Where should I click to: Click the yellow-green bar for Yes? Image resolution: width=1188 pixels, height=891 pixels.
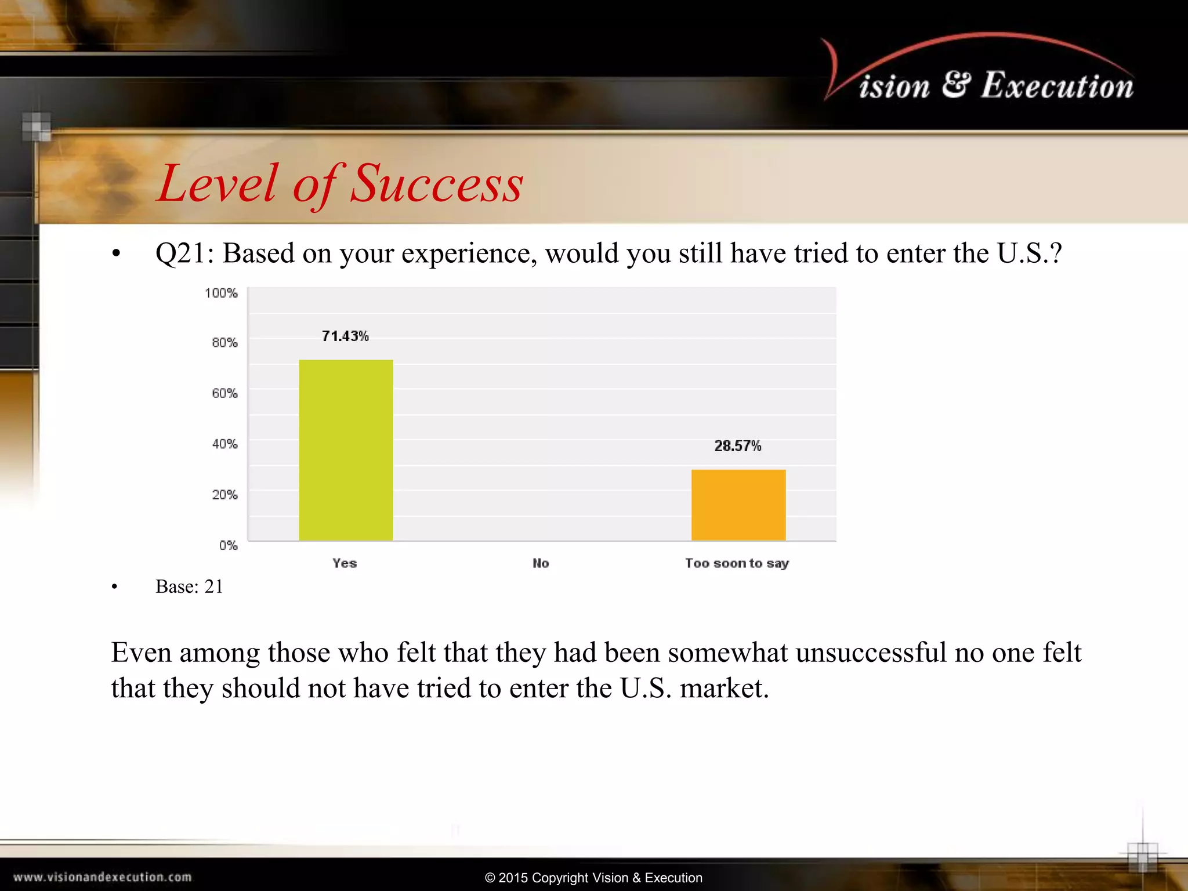click(x=346, y=450)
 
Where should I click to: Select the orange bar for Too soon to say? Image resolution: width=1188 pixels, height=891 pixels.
click(x=738, y=505)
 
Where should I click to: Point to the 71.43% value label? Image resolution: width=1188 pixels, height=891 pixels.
click(x=345, y=336)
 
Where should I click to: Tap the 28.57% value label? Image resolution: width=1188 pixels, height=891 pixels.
click(x=737, y=446)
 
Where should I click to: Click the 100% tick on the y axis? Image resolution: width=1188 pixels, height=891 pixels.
click(x=221, y=293)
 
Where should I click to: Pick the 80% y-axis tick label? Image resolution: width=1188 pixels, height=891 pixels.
click(x=224, y=343)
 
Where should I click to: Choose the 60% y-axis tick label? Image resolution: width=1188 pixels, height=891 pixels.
click(x=224, y=393)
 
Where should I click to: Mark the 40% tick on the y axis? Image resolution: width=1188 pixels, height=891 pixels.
click(x=224, y=444)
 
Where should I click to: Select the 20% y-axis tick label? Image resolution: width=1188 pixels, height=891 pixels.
click(x=224, y=495)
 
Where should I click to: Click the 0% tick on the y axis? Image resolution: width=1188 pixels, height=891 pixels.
click(x=228, y=545)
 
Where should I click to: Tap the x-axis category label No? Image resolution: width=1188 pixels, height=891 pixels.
click(x=541, y=563)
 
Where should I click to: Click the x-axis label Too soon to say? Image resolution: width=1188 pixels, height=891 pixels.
click(x=737, y=563)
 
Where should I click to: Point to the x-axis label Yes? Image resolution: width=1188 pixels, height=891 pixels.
click(x=345, y=563)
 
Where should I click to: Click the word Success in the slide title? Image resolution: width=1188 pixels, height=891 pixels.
click(x=437, y=184)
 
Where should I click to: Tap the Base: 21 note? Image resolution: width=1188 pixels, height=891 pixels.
click(x=189, y=586)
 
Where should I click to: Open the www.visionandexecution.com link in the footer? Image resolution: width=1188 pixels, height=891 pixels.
click(x=103, y=877)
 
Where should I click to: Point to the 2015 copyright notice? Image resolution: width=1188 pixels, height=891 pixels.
click(x=593, y=878)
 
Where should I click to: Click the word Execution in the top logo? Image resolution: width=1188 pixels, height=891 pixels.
click(x=1057, y=86)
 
